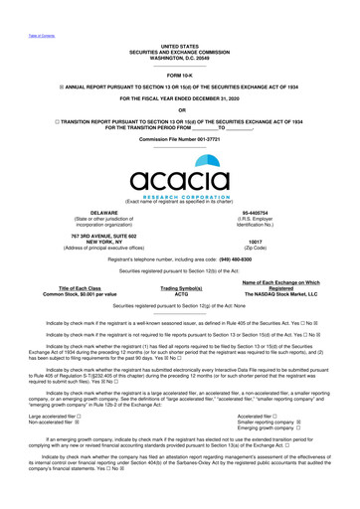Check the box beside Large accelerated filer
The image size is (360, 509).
(84, 388)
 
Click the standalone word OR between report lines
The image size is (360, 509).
(179, 109)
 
